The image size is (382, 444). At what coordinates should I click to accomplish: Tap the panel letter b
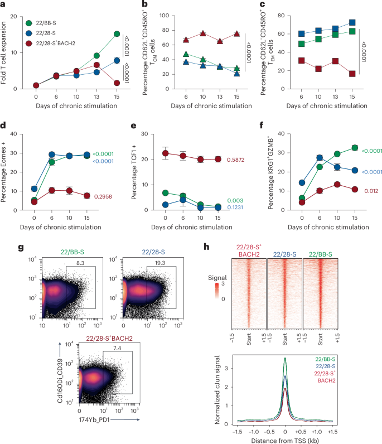pyautogui.click(x=144, y=4)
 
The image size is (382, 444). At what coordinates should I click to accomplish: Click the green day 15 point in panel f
pyautogui.click(x=352, y=148)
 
